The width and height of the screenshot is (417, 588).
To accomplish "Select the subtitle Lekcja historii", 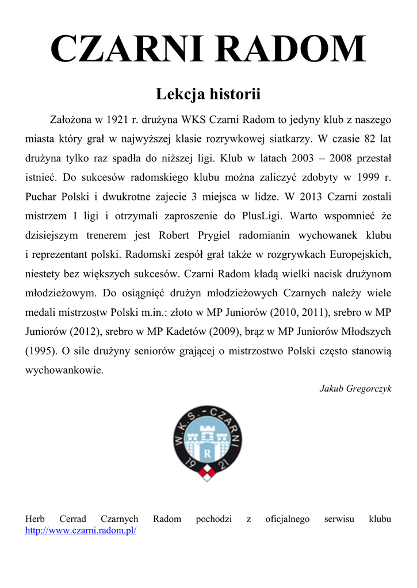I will click(208, 94).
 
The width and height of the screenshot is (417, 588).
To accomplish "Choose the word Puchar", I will click(42, 196).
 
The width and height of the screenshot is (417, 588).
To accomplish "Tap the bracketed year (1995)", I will click(40, 350).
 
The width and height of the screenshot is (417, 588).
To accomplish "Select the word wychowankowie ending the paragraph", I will click(64, 370).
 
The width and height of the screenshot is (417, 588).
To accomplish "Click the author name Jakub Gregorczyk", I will click(355, 389).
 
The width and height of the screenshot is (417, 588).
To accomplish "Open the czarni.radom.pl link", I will click(81, 531).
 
